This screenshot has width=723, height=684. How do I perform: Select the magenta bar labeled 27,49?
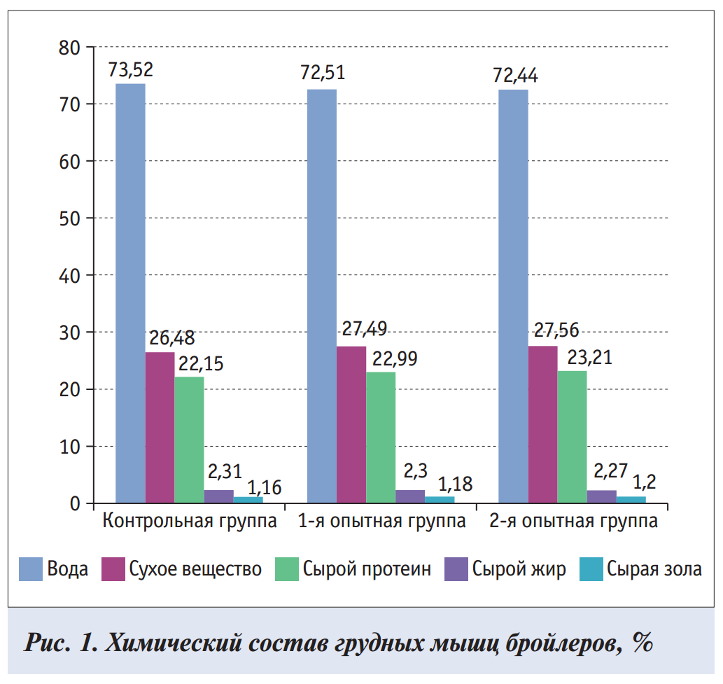(x=351, y=424)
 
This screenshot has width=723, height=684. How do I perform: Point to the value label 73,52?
(x=130, y=70)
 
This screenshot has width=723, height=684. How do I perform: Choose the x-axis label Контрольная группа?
(x=190, y=522)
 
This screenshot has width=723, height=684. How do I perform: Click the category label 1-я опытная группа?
(x=382, y=522)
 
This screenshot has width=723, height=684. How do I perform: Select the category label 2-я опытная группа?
(x=573, y=522)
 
